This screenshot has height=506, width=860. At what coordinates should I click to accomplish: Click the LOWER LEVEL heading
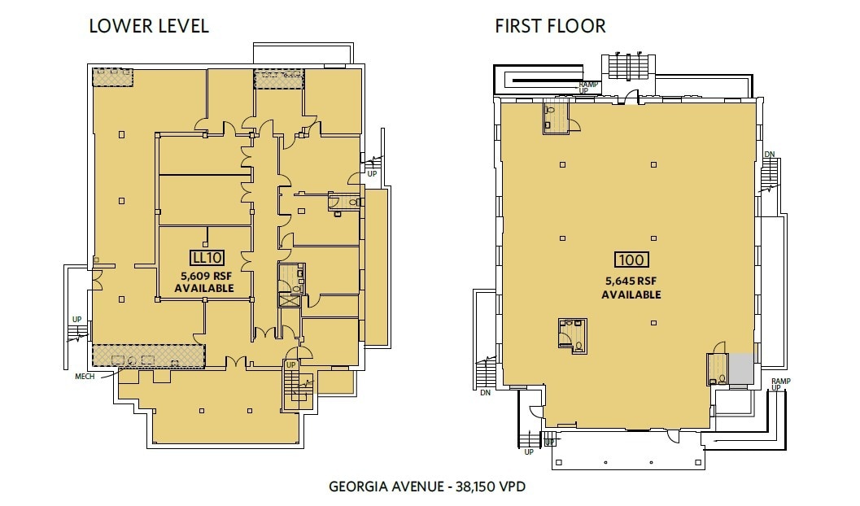click(149, 26)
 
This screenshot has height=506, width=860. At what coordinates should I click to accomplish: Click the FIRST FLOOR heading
click(550, 26)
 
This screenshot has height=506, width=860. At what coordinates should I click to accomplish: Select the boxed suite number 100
click(631, 260)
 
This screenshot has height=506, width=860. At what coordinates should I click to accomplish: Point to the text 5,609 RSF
click(205, 276)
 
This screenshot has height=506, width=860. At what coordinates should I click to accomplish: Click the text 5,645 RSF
click(631, 281)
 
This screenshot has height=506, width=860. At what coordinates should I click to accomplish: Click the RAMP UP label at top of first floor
click(588, 87)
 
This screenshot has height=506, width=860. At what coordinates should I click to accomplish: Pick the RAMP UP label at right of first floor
click(779, 384)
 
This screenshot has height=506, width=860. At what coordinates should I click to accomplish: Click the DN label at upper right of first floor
click(769, 155)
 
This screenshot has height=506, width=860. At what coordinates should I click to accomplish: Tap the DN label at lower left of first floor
click(485, 394)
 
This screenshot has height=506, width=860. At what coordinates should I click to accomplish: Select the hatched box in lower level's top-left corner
click(112, 77)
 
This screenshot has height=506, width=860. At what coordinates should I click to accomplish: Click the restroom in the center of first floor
click(573, 334)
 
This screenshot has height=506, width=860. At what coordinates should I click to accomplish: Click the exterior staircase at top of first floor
click(626, 66)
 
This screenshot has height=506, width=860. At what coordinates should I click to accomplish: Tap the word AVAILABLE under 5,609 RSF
click(205, 289)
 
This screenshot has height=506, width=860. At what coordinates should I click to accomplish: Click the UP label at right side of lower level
click(372, 174)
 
